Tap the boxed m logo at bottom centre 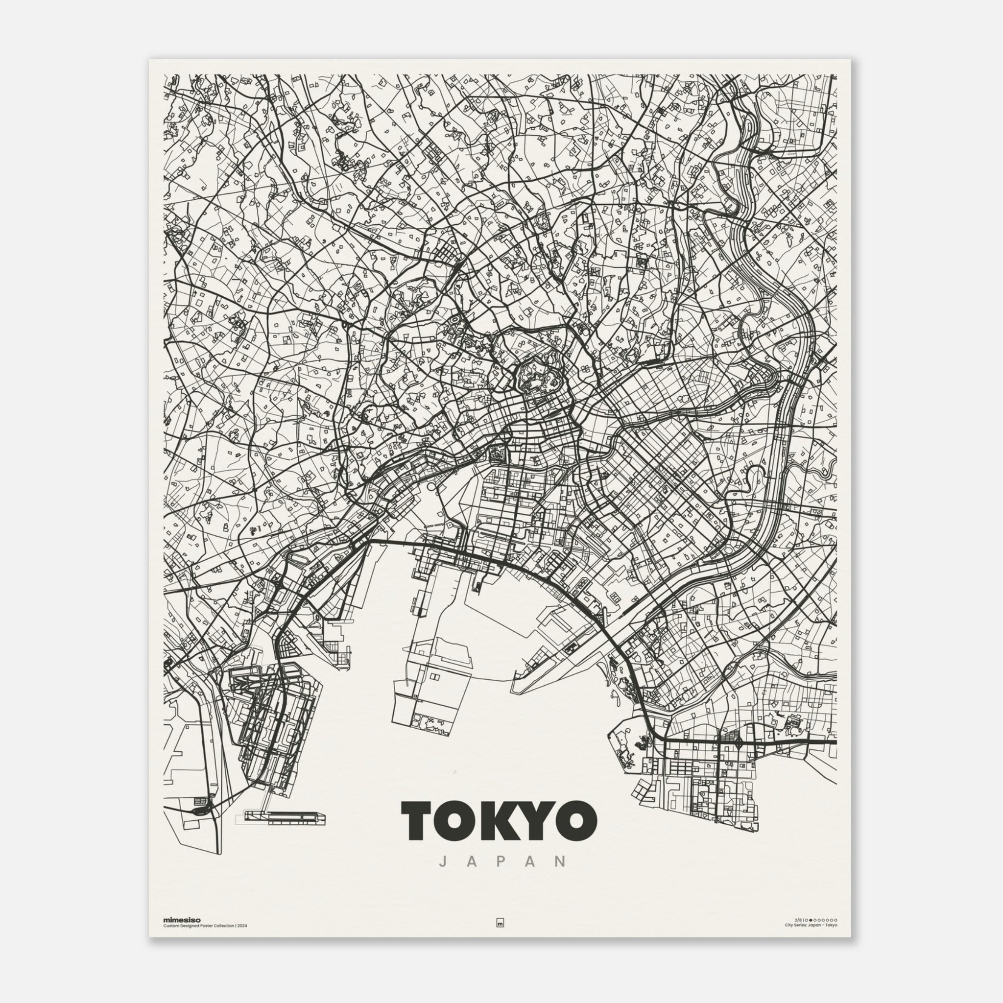501,937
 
